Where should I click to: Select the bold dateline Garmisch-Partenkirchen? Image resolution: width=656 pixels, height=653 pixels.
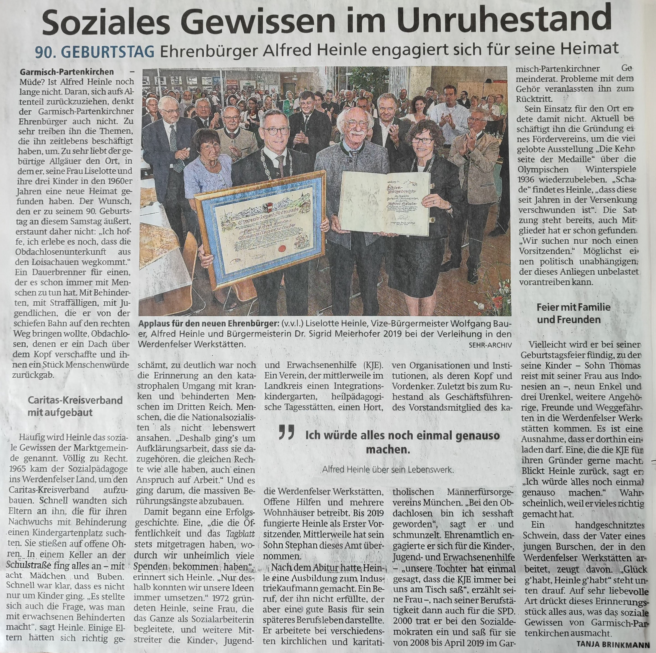pos(67,72)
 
